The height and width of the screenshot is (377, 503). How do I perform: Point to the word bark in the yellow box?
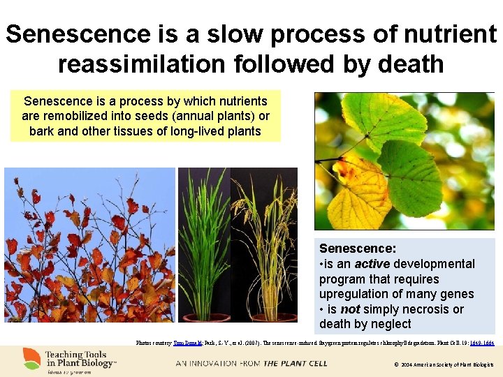[x=42, y=131]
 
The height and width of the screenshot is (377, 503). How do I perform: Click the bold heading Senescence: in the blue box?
[x=358, y=249]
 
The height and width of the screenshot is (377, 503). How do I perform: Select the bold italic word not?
[x=351, y=309]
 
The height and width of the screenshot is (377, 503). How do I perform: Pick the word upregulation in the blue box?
[x=351, y=294]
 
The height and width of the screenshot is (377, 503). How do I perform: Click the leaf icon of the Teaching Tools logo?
[x=31, y=359]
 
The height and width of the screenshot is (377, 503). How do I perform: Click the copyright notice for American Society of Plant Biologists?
[x=443, y=364]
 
